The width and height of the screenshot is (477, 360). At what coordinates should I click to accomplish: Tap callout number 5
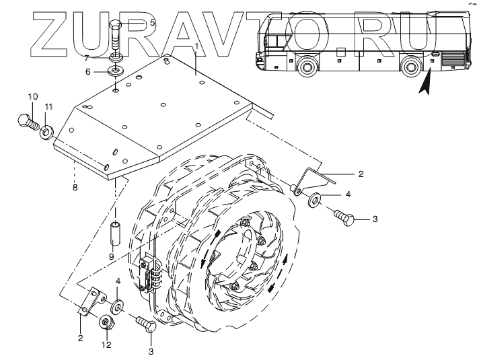pos(152,22)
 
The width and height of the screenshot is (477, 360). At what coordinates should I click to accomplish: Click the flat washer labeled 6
pos(116,69)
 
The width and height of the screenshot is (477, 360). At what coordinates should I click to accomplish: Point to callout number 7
pos(87,59)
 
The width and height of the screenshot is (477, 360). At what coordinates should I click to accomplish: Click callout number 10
pos(32,97)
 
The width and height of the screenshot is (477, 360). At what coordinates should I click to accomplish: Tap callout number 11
pos(48,108)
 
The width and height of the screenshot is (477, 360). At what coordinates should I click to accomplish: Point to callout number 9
pos(112,256)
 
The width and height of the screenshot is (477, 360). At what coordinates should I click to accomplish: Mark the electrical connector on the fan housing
pos(149,276)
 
